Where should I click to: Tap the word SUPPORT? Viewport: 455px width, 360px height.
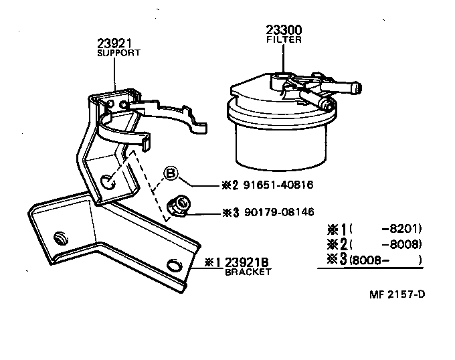tap(119, 53)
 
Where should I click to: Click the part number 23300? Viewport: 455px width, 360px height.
tap(283, 30)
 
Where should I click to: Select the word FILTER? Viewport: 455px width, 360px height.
tap(283, 39)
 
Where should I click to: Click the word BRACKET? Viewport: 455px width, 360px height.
tap(248, 272)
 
